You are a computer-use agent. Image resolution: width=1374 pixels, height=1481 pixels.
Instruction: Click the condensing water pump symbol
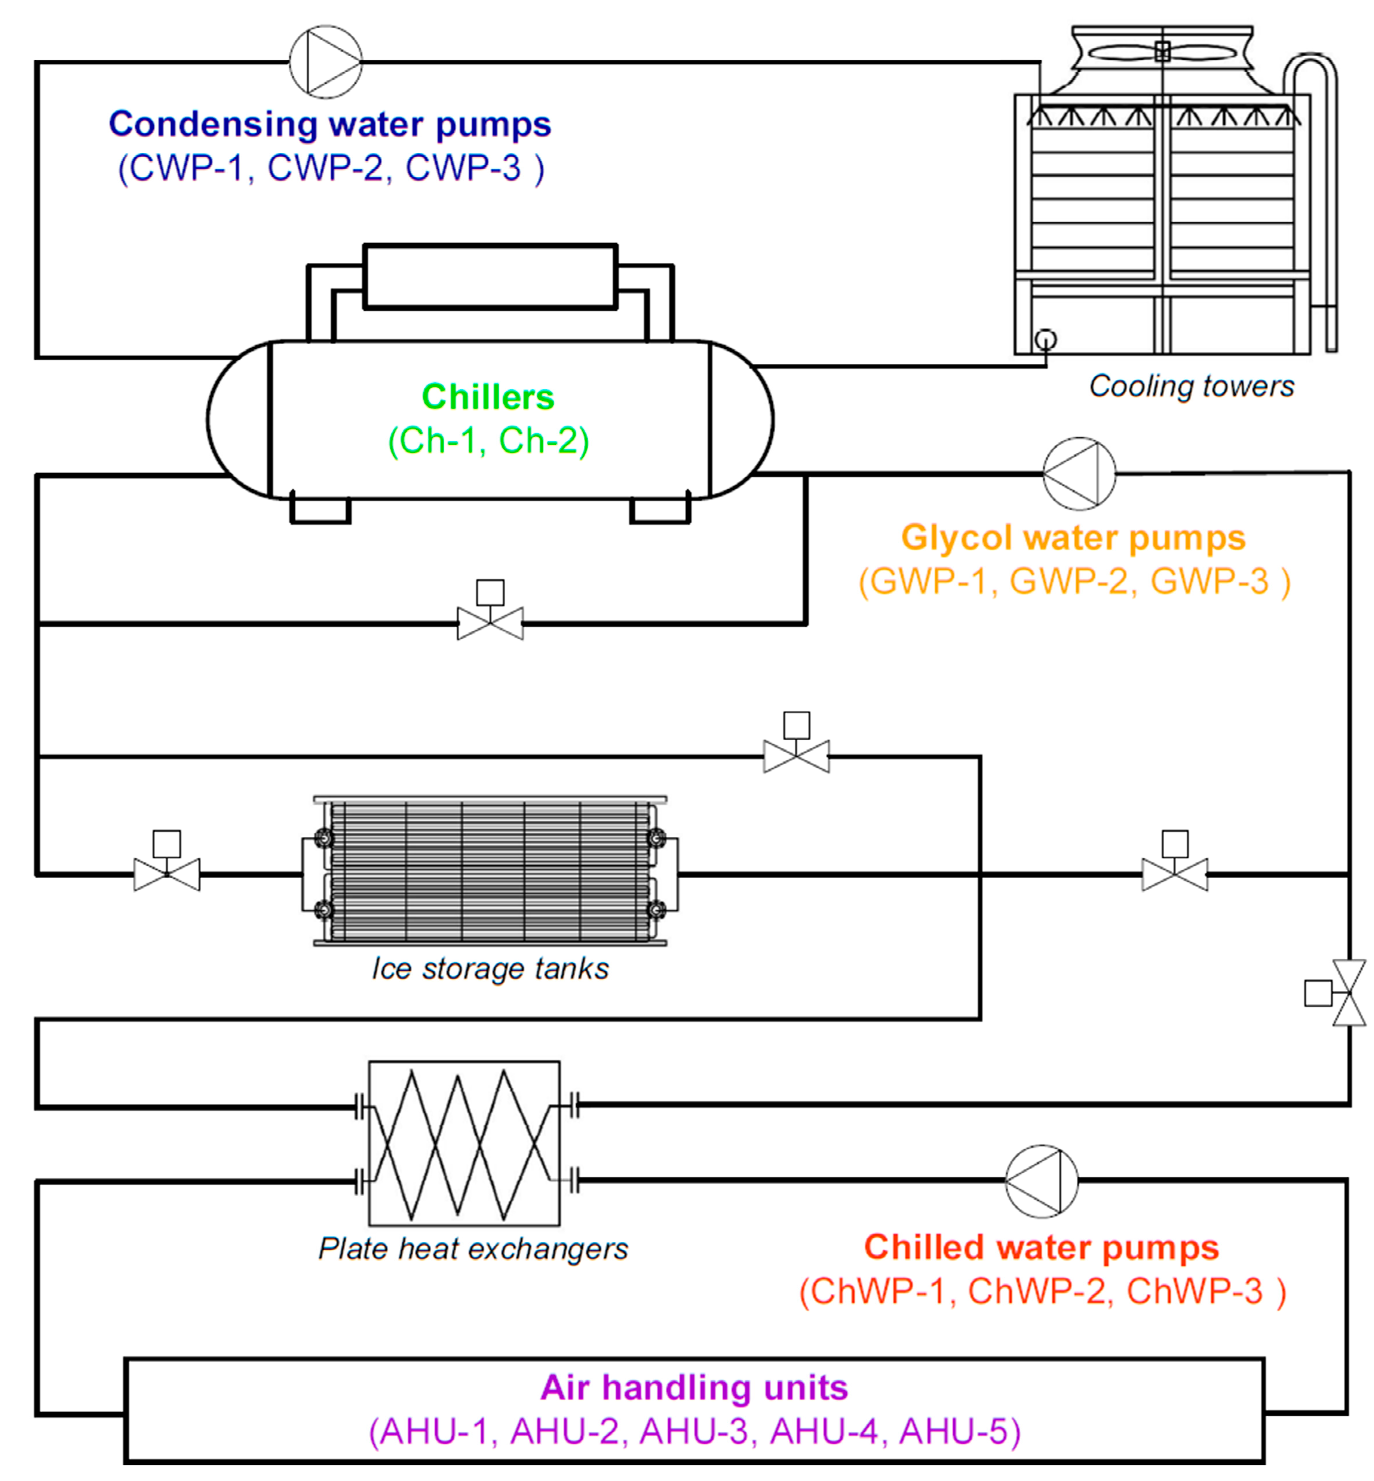[325, 62]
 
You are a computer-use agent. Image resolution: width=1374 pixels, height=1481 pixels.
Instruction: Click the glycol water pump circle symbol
[1079, 474]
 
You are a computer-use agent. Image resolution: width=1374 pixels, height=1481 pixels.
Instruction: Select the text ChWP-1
[877, 1292]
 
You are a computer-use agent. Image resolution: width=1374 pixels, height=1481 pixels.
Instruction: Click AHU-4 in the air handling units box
[824, 1431]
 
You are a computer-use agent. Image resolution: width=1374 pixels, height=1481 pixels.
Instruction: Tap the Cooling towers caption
[1191, 386]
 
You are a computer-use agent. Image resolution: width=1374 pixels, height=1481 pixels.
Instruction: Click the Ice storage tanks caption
[490, 969]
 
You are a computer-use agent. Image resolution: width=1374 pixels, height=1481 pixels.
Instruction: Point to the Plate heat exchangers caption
[473, 1249]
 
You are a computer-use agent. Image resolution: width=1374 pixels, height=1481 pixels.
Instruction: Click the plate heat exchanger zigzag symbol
[464, 1144]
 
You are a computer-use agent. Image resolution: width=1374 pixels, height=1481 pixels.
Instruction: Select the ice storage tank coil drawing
[490, 872]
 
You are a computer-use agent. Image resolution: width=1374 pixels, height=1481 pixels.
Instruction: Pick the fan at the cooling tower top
[1162, 51]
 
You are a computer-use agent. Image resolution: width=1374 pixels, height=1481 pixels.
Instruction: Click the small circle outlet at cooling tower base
[1045, 340]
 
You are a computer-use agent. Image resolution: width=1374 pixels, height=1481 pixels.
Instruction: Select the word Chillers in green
[488, 397]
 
